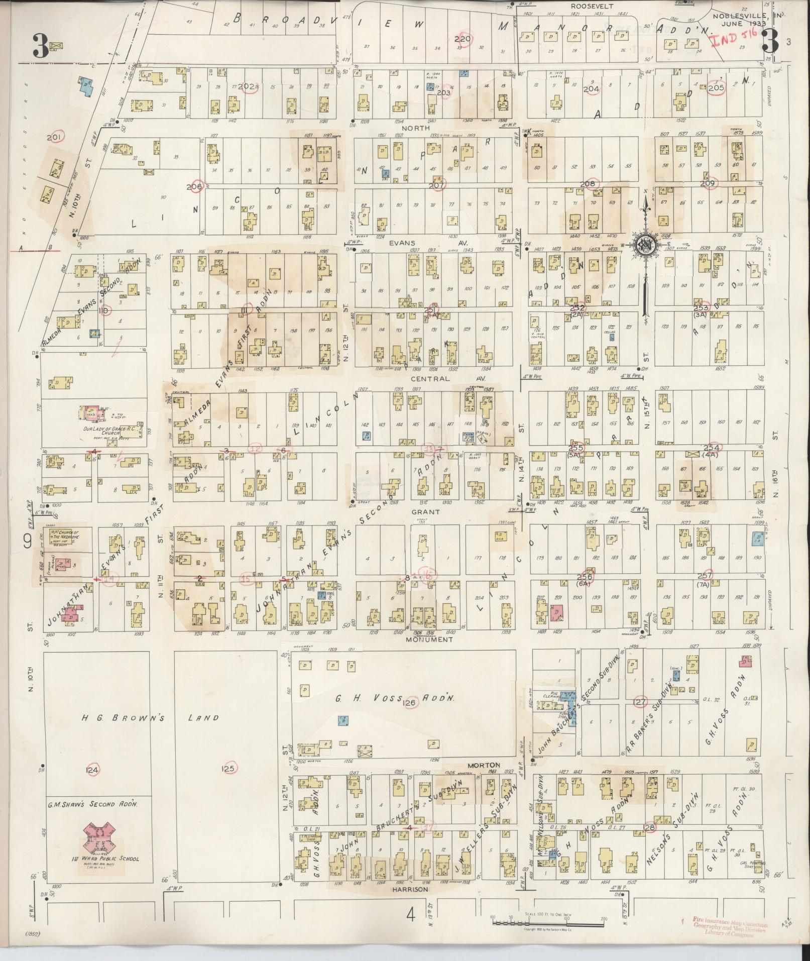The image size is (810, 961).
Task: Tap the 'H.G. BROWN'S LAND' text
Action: coord(150,718)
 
